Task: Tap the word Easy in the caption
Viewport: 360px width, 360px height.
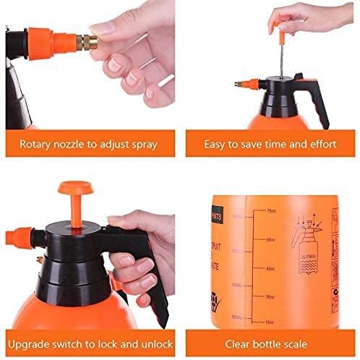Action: (x=215, y=144)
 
